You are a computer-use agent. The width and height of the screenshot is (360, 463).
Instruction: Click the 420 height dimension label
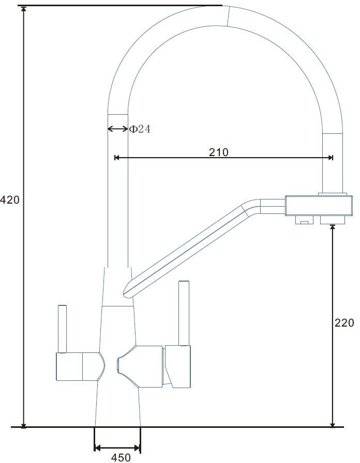click(9, 200)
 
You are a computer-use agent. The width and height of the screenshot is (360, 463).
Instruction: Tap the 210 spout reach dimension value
click(219, 152)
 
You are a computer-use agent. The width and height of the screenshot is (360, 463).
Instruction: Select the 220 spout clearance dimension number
click(344, 323)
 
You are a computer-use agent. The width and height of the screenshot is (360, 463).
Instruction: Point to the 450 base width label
click(121, 457)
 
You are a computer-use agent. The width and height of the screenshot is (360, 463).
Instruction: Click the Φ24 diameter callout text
click(140, 129)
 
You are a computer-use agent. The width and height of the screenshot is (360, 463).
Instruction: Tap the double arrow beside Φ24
click(117, 129)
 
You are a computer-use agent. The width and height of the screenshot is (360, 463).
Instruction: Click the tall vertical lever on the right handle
click(184, 313)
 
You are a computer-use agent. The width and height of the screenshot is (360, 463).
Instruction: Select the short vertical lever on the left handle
click(63, 329)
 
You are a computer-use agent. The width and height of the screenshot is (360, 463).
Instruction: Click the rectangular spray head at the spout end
click(319, 205)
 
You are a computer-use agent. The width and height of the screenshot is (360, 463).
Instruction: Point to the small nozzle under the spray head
click(304, 220)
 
